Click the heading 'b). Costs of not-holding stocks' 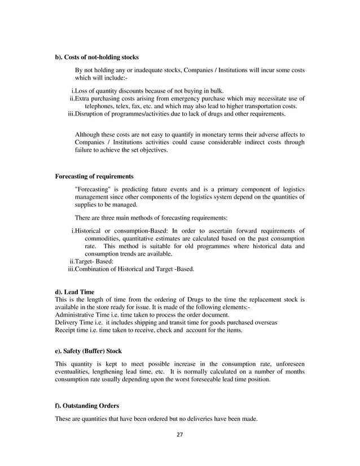tap(96, 57)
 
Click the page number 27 tap(179, 434)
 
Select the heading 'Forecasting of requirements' tap(94, 175)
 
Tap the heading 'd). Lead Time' tap(74, 292)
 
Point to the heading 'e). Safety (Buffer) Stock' tap(87, 351)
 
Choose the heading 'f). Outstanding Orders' tap(86, 406)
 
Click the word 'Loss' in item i tap(82, 91)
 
